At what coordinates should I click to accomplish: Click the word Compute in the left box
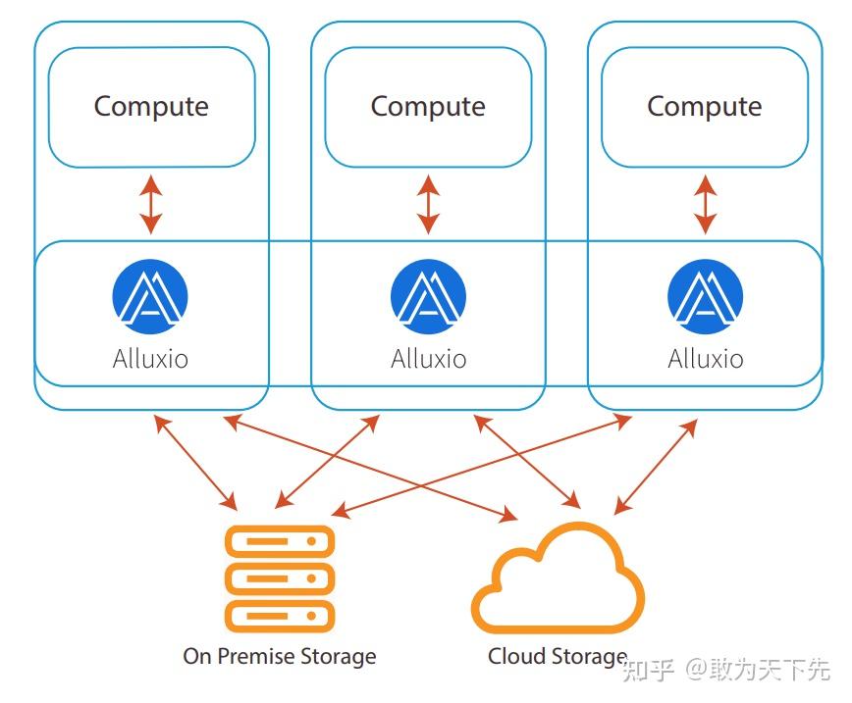[151, 106]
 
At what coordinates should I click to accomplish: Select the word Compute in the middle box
[428, 106]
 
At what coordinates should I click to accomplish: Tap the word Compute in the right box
[704, 106]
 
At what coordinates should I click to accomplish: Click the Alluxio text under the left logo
[150, 358]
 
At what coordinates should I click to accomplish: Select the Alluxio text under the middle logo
[428, 358]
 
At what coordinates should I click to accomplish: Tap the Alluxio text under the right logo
[705, 358]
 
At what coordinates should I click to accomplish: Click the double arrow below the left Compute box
[150, 204]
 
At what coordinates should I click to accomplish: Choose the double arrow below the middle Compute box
[428, 204]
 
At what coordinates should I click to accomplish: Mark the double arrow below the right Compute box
[705, 204]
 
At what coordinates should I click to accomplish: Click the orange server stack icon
[280, 578]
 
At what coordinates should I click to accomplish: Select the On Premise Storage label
[280, 656]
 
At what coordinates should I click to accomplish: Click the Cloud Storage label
[558, 656]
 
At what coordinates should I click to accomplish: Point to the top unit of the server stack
[280, 541]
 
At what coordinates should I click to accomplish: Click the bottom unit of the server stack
[280, 616]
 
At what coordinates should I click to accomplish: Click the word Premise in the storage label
[263, 656]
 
